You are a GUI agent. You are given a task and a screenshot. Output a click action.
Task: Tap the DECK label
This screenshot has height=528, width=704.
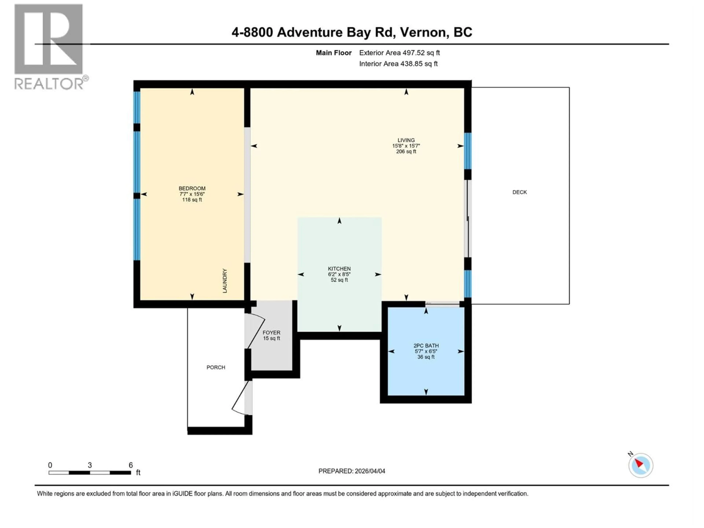[x=519, y=192]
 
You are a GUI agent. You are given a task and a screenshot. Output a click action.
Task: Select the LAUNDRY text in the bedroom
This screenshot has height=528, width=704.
[x=225, y=281]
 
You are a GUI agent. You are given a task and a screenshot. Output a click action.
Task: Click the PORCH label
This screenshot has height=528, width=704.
[x=216, y=367]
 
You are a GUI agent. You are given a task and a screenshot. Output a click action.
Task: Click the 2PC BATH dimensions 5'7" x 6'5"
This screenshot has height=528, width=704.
[x=426, y=351]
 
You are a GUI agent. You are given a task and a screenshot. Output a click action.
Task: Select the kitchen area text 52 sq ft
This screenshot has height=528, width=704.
[x=339, y=280]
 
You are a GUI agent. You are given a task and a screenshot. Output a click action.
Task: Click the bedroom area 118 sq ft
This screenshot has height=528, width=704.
[x=192, y=200]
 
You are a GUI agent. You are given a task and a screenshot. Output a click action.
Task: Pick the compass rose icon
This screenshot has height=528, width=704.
[x=640, y=465]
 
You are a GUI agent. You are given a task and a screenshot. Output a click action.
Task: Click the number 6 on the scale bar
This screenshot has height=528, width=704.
[x=131, y=465]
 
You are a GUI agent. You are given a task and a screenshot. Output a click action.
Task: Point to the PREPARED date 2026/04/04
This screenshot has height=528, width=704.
[x=370, y=471]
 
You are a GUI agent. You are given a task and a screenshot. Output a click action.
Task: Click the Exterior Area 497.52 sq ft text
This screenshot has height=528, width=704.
[x=399, y=53]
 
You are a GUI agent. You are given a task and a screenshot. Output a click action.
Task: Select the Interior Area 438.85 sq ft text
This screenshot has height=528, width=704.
[x=398, y=64]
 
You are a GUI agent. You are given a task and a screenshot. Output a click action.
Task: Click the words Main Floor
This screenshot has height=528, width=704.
[x=333, y=53]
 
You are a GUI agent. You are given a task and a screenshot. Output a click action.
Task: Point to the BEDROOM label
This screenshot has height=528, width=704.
[x=192, y=188]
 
